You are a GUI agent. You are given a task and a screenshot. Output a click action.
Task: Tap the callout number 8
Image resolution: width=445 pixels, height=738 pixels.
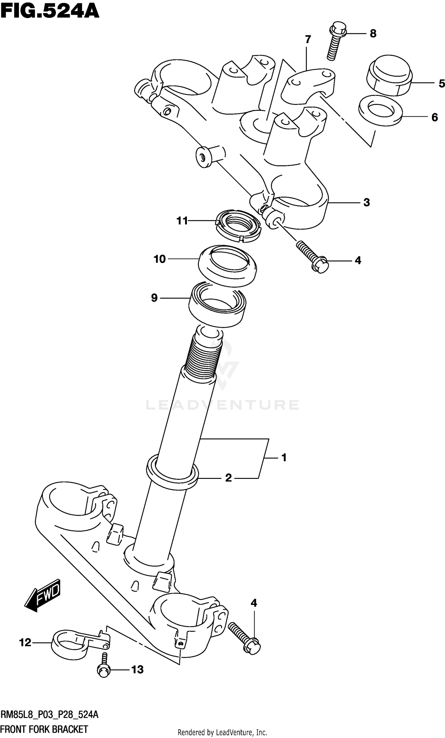click(373, 34)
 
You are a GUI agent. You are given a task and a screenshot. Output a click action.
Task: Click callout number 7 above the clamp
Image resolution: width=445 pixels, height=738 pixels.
click(308, 39)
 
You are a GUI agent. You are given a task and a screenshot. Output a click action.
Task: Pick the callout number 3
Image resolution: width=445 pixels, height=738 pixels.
click(366, 202)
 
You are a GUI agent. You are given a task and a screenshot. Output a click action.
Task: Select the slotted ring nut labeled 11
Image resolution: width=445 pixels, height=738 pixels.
click(238, 225)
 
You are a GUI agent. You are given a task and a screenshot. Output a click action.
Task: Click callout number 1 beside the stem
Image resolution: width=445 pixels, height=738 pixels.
click(284, 458)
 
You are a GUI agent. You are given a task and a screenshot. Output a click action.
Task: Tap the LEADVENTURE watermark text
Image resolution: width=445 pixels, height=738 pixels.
click(222, 405)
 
